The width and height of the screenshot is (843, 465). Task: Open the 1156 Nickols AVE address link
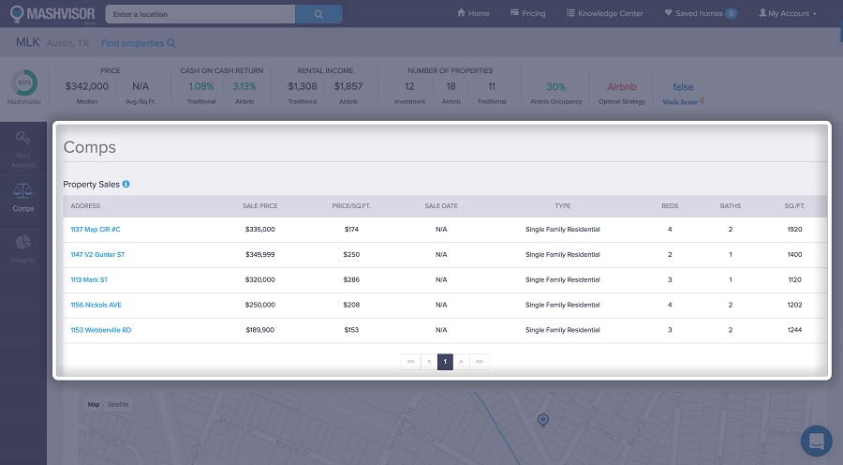pyautogui.click(x=96, y=305)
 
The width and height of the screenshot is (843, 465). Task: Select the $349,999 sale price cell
pyautogui.click(x=259, y=254)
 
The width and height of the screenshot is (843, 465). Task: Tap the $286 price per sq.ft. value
pyautogui.click(x=351, y=279)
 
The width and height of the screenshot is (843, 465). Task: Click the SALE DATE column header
pyautogui.click(x=441, y=206)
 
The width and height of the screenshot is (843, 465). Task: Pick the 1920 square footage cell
pyautogui.click(x=795, y=229)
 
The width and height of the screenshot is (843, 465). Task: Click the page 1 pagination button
pyautogui.click(x=445, y=361)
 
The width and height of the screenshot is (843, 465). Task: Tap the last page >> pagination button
pyautogui.click(x=480, y=361)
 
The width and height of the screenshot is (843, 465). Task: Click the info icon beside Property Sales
pyautogui.click(x=126, y=185)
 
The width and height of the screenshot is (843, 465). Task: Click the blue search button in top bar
pyautogui.click(x=318, y=14)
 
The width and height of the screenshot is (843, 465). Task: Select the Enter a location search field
pyautogui.click(x=200, y=14)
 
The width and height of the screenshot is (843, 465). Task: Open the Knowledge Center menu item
pyautogui.click(x=604, y=14)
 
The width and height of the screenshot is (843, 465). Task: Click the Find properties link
pyautogui.click(x=137, y=43)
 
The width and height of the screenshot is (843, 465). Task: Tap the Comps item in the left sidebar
pyautogui.click(x=23, y=197)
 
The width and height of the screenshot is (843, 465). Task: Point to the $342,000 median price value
pyautogui.click(x=87, y=86)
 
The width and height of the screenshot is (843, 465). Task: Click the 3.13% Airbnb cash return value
pyautogui.click(x=245, y=86)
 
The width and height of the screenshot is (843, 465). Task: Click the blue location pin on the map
pyautogui.click(x=542, y=419)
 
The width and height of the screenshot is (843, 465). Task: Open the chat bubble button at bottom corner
pyautogui.click(x=816, y=441)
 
